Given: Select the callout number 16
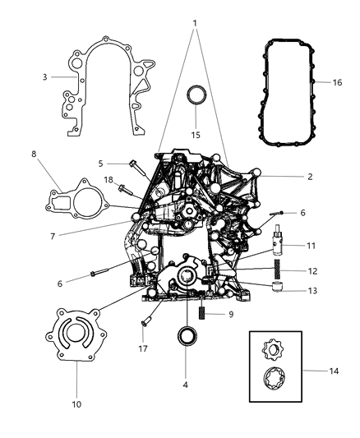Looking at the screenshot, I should click(x=337, y=83).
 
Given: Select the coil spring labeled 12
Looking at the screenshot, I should click(x=279, y=270).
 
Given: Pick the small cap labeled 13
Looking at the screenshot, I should click(x=279, y=288).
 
